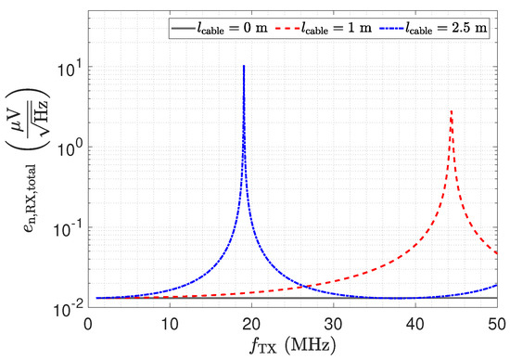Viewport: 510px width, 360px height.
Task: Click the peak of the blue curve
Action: [x=244, y=66]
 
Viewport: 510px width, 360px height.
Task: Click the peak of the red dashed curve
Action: [x=451, y=111]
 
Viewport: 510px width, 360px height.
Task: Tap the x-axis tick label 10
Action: [x=170, y=325]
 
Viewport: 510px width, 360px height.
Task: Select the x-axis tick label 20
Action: [x=251, y=325]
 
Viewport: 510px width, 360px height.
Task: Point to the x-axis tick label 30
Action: [x=334, y=325]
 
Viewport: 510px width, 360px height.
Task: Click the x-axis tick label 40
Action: [x=415, y=325]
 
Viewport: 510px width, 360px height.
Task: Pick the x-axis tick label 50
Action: [x=497, y=325]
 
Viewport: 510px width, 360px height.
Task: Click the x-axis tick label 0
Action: [x=88, y=325]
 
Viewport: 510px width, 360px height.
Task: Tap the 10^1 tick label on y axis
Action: [x=70, y=69]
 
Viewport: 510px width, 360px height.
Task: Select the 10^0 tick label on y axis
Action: [x=70, y=149]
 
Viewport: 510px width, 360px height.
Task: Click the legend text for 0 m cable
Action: [x=231, y=28]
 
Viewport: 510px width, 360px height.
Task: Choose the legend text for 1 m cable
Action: [x=336, y=28]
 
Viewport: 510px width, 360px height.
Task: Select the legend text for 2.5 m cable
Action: [x=446, y=28]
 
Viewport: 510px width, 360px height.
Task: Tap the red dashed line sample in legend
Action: [x=287, y=29]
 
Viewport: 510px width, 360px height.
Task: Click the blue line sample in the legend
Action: [x=391, y=29]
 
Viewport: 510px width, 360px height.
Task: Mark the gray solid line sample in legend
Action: [x=183, y=29]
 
